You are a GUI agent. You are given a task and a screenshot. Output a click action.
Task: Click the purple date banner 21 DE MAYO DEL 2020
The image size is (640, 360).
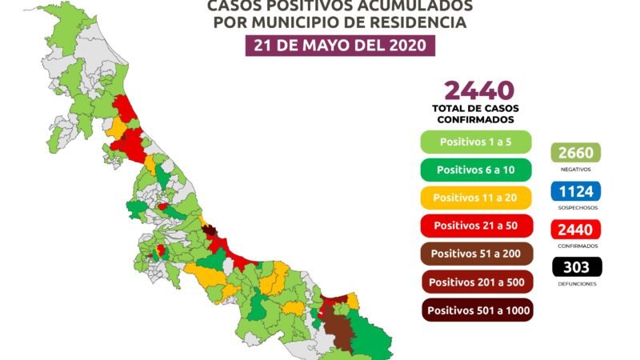(x=339, y=45)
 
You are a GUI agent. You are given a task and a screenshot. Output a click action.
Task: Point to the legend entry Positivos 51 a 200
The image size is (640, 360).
(x=477, y=254)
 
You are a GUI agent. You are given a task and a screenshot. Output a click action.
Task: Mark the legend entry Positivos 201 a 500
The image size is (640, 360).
(x=477, y=282)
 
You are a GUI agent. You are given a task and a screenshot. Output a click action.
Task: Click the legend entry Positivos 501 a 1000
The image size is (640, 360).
(x=477, y=310)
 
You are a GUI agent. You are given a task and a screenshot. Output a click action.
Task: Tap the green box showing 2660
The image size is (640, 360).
(x=576, y=153)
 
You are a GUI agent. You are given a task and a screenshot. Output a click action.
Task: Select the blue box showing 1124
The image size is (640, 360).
(x=576, y=191)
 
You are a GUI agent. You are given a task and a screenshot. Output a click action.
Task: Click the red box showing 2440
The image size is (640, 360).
(x=576, y=230)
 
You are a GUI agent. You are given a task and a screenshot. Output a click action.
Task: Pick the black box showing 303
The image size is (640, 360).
(x=576, y=267)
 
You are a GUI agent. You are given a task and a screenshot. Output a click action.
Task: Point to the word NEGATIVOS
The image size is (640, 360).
(x=576, y=170)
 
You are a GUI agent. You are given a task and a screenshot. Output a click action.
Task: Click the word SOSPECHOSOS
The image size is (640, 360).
(x=576, y=208)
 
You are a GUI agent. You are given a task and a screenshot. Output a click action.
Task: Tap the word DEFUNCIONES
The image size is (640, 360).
(x=576, y=284)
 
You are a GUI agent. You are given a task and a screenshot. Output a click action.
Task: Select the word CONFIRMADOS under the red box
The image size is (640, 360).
(x=576, y=246)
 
